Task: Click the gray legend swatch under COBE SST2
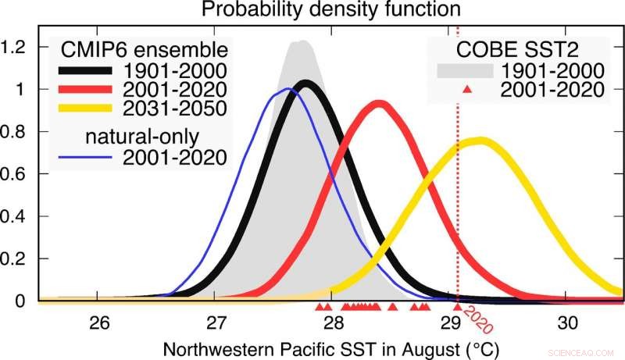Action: (x=465, y=70)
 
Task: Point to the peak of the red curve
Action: (x=380, y=104)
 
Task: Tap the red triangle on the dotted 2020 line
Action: (x=457, y=306)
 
